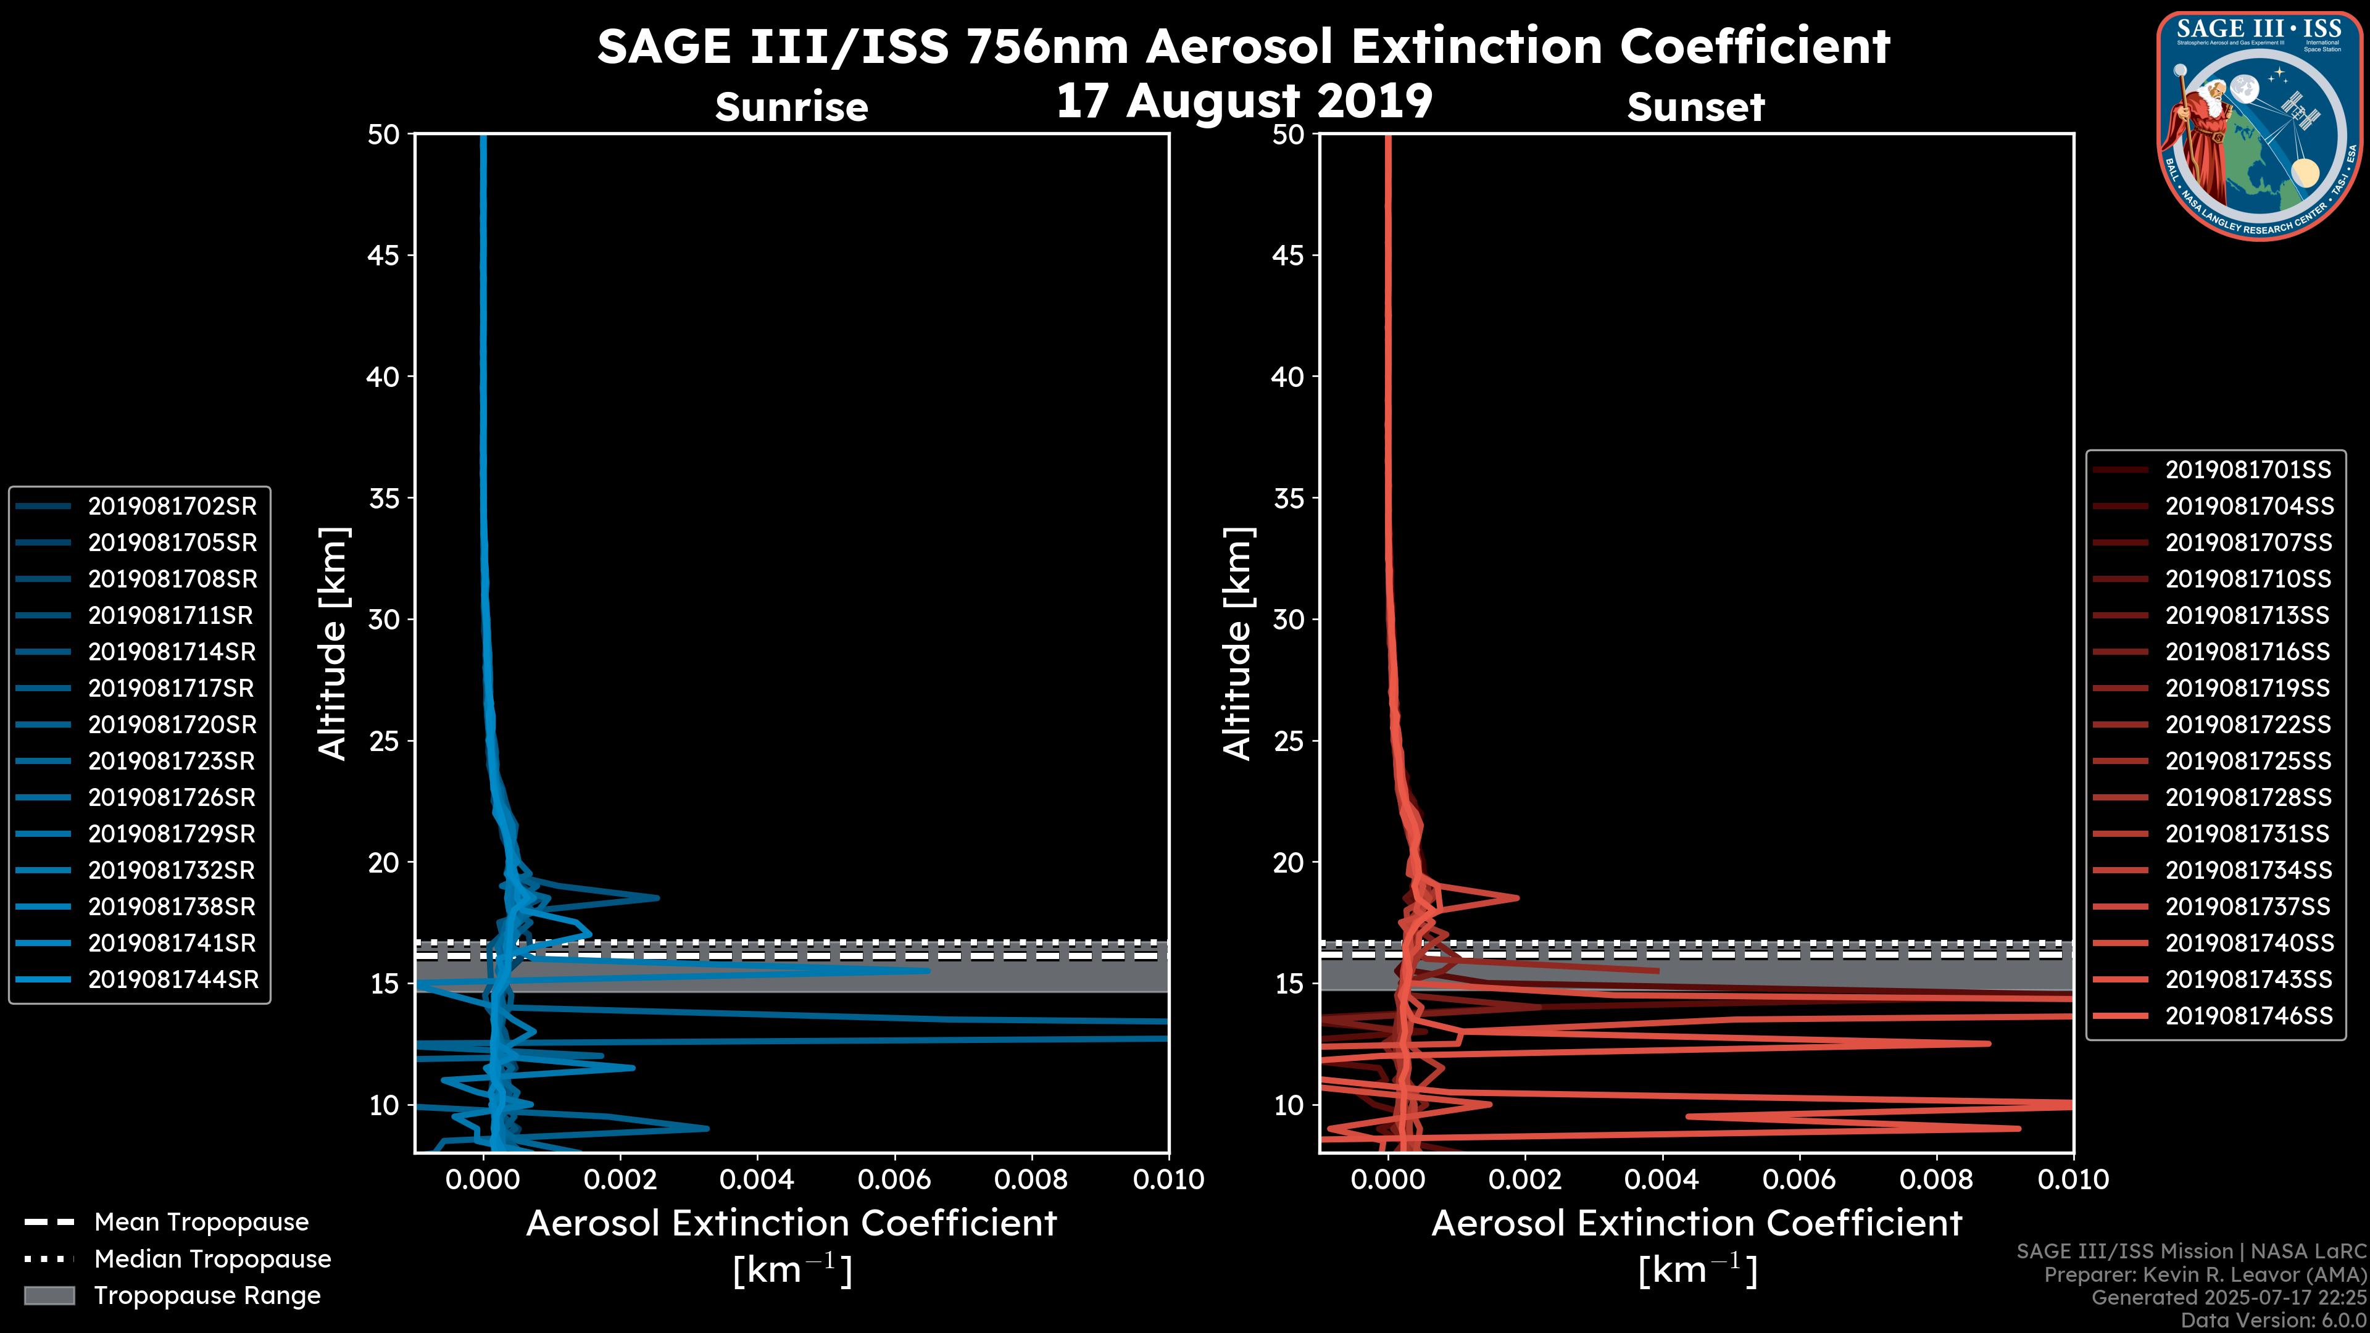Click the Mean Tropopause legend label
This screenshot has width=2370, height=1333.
pyautogui.click(x=201, y=1222)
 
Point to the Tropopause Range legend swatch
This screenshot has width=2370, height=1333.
pyautogui.click(x=49, y=1295)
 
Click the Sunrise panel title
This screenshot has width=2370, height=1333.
pyautogui.click(x=791, y=107)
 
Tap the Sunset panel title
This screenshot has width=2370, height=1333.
pyautogui.click(x=1695, y=107)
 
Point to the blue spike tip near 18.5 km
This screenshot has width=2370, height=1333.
pyautogui.click(x=657, y=897)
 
